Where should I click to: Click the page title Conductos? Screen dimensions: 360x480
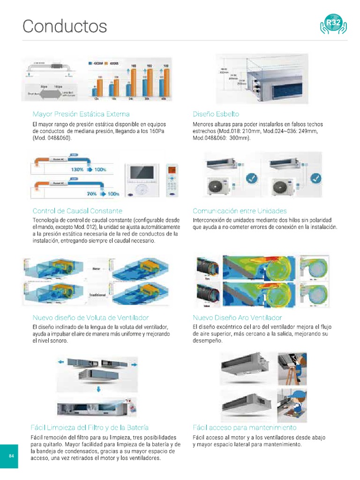pyautogui.click(x=65, y=26)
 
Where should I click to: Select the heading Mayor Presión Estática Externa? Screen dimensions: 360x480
pyautogui.click(x=81, y=114)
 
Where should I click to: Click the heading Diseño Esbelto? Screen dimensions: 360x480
pyautogui.click(x=216, y=114)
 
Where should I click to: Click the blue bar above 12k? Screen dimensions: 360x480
pyautogui.click(x=95, y=92)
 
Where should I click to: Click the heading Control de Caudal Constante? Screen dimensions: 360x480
pyautogui.click(x=77, y=211)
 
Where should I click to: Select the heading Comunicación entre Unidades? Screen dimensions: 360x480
pyautogui.click(x=240, y=211)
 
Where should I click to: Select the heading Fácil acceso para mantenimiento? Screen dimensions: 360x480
pyautogui.click(x=244, y=427)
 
